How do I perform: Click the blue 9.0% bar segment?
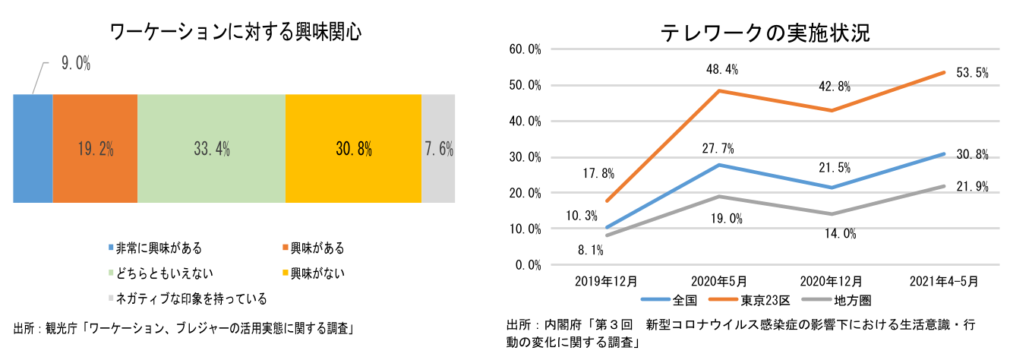coord(33,149)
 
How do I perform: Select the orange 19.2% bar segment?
coord(95,149)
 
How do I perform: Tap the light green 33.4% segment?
coord(211,149)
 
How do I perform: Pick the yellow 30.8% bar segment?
coord(353,149)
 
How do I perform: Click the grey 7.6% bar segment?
coord(438,149)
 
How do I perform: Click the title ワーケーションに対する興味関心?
coord(235,32)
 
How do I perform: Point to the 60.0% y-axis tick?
coord(525,49)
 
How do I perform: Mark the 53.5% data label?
coord(971,73)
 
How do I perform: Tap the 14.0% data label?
coord(840,235)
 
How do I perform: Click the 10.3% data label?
coord(582,216)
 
